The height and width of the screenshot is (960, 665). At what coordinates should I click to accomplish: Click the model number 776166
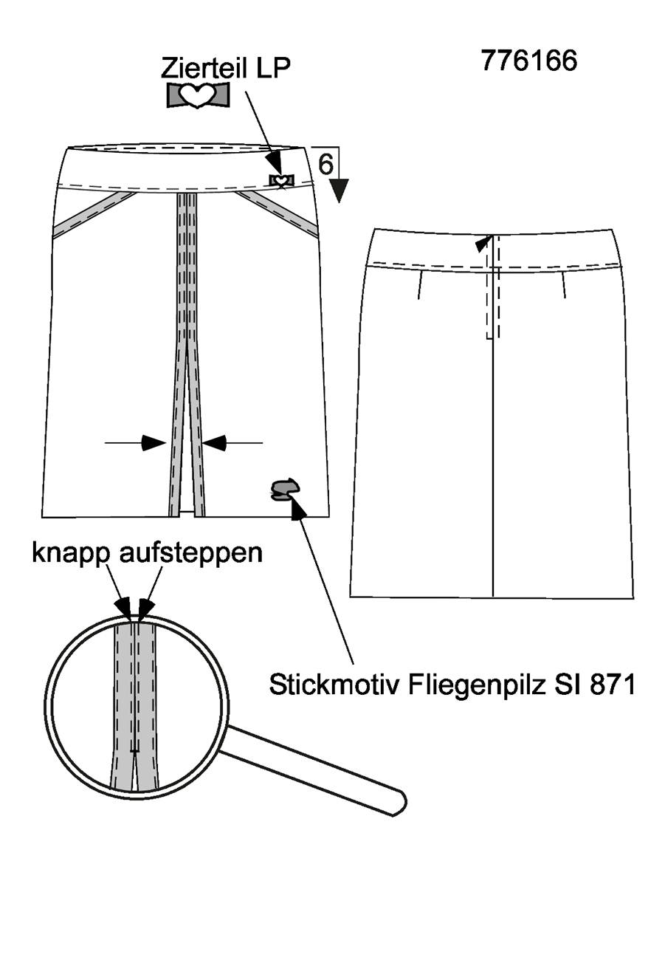click(529, 60)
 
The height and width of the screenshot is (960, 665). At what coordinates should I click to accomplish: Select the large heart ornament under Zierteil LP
click(198, 95)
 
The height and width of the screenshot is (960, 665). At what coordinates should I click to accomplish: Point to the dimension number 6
click(326, 163)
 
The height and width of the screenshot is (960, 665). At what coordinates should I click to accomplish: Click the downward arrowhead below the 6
click(340, 191)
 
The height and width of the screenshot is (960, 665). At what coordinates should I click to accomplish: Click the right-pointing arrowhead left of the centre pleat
click(154, 443)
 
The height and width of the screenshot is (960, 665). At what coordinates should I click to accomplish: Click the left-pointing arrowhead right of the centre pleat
click(214, 443)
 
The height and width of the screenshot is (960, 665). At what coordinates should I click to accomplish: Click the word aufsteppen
click(190, 554)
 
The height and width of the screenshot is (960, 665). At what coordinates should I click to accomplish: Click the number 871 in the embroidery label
click(612, 685)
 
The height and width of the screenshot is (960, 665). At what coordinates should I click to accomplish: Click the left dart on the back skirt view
click(420, 284)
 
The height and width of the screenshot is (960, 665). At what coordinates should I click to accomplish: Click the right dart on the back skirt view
click(564, 284)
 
